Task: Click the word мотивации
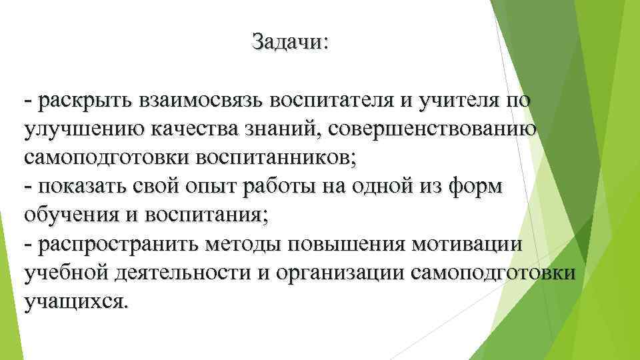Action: point(467,245)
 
